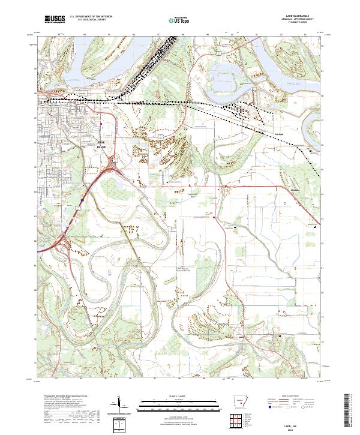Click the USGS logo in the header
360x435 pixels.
coord(53,20)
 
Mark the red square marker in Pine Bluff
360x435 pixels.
coord(101,124)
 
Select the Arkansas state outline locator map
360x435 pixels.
coord(239,403)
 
